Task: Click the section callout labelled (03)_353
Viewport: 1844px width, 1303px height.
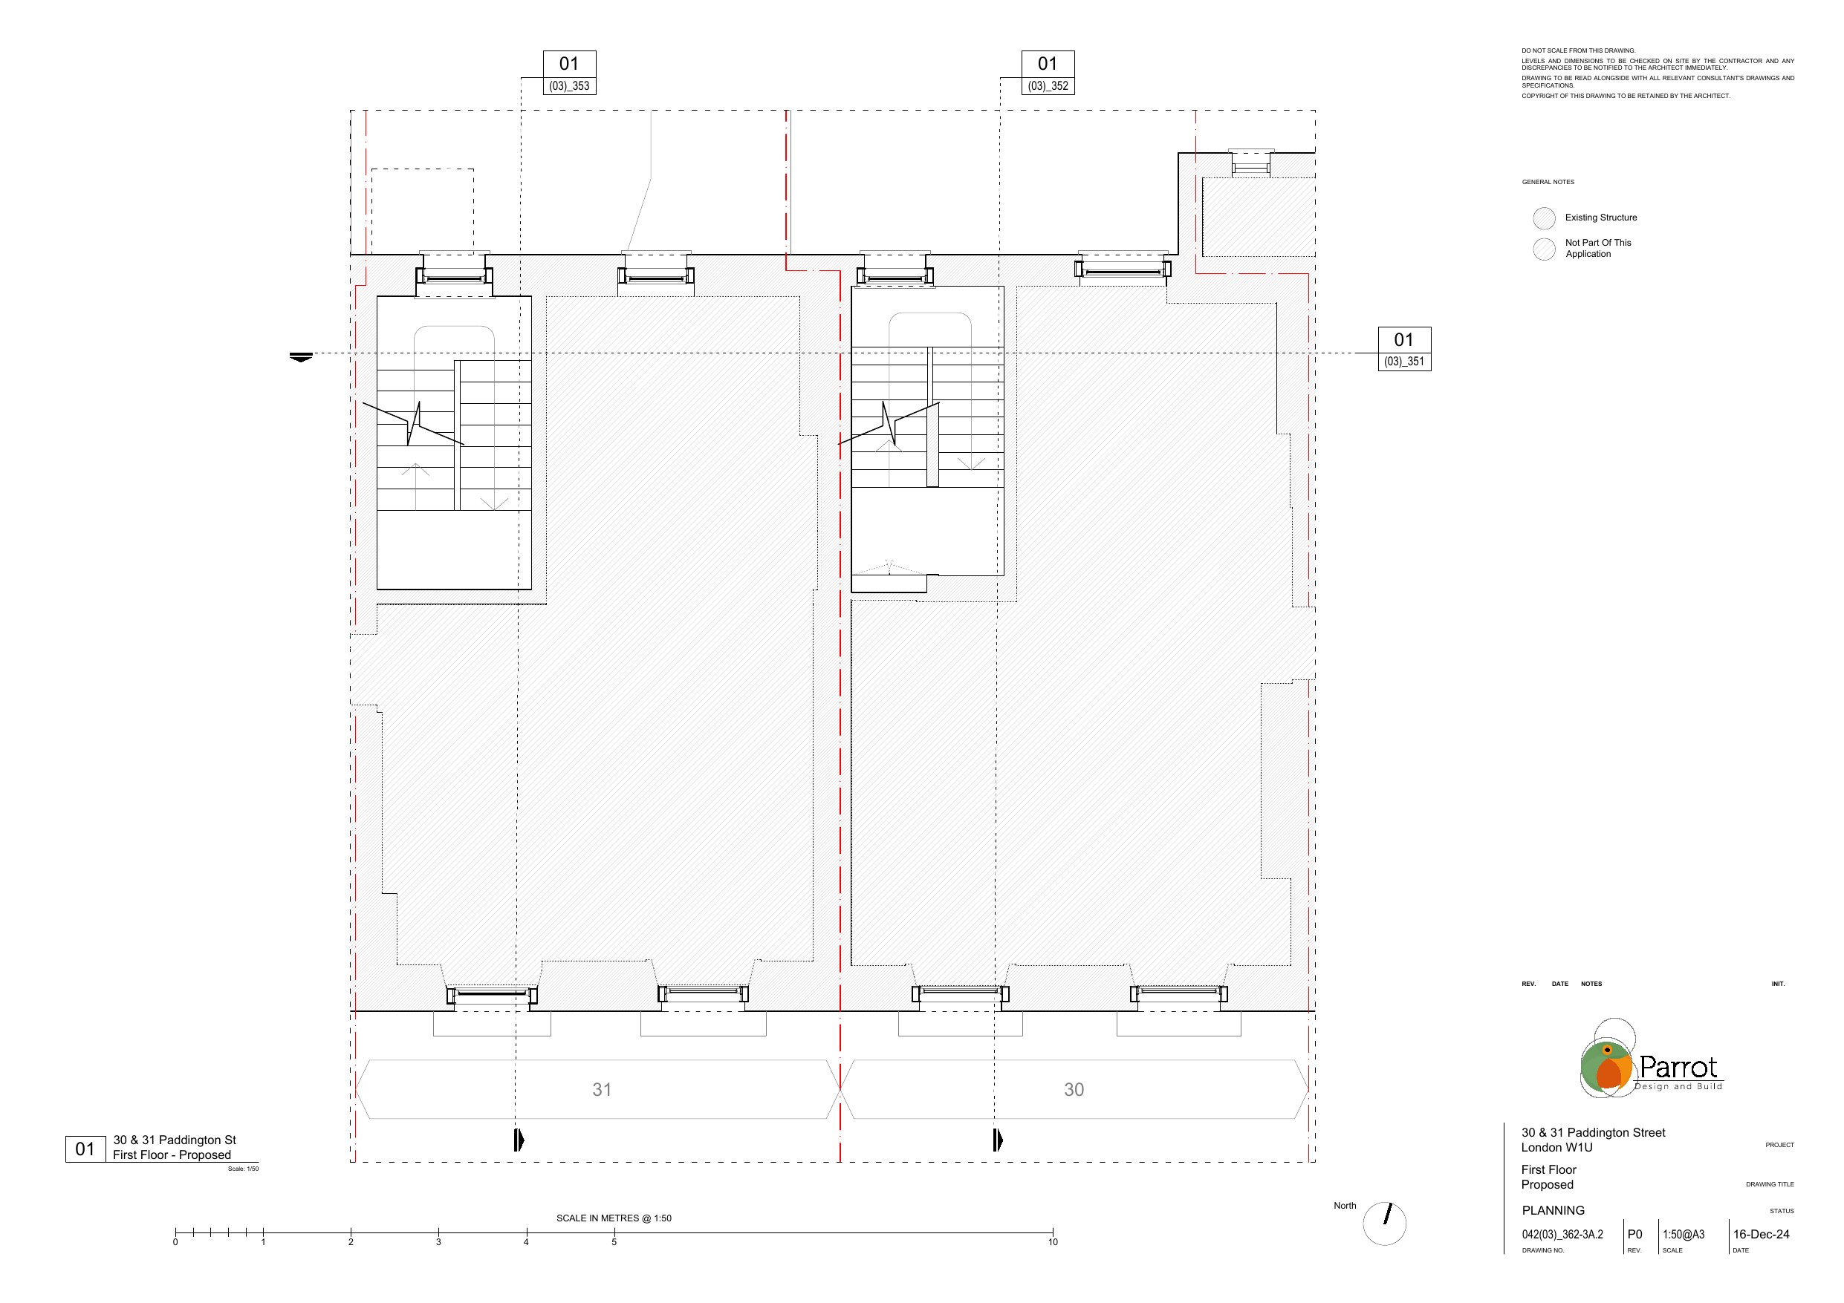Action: coord(569,73)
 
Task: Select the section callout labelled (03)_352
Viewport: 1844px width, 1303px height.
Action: coord(1048,73)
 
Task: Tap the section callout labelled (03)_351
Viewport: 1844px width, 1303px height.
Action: coord(1405,349)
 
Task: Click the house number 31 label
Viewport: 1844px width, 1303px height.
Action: coord(603,1089)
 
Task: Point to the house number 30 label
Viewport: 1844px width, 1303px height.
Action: coord(1074,1089)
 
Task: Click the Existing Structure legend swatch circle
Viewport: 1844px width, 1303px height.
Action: coord(1544,218)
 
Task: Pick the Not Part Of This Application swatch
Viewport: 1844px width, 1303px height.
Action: coord(1544,249)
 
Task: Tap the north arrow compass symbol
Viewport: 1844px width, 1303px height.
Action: coord(1386,1224)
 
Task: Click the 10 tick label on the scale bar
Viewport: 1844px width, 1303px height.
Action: coord(1053,1242)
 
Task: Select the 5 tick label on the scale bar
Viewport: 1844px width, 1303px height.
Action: coord(614,1242)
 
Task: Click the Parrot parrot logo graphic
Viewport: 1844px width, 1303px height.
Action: coord(1607,1059)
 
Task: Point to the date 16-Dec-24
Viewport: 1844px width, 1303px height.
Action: coord(1762,1235)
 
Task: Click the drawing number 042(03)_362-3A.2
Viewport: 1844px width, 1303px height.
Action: coord(1562,1235)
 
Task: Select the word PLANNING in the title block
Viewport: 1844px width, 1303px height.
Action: coord(1554,1211)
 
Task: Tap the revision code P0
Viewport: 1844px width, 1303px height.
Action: coord(1634,1235)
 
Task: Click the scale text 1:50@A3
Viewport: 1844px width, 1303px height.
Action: coord(1684,1235)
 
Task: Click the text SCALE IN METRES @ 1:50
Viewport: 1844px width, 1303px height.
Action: coord(614,1218)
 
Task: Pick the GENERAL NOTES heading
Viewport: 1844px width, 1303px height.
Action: coord(1548,182)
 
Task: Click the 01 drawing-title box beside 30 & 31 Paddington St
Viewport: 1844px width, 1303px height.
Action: coord(85,1149)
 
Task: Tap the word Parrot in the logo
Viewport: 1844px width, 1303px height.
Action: coord(1678,1067)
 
